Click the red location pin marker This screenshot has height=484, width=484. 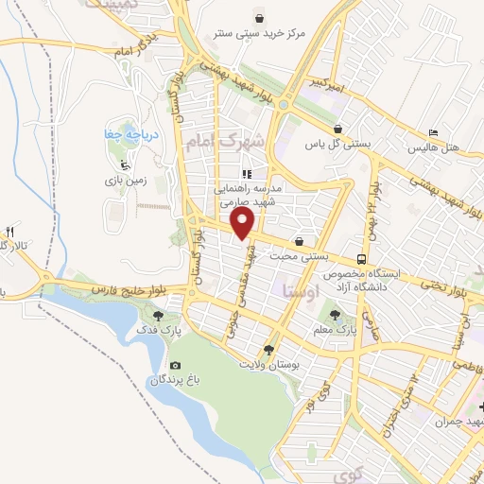pos(244,223)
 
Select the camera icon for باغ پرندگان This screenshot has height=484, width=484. pos(175,365)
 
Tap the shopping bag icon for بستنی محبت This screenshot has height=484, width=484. pos(299,241)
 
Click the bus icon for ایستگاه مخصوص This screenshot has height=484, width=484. pos(362,258)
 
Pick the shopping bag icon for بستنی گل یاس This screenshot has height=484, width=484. pos(337,130)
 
